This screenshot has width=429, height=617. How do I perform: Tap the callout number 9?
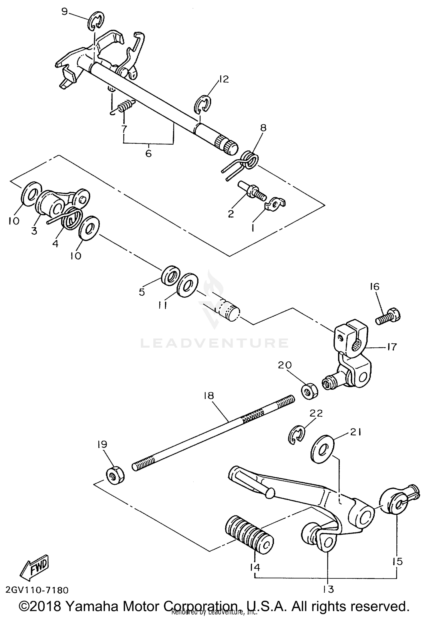click(65, 12)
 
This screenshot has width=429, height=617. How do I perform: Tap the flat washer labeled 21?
click(322, 449)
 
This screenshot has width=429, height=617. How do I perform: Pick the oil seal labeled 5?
click(171, 275)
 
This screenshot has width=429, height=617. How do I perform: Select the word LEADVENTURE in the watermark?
click(214, 343)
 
